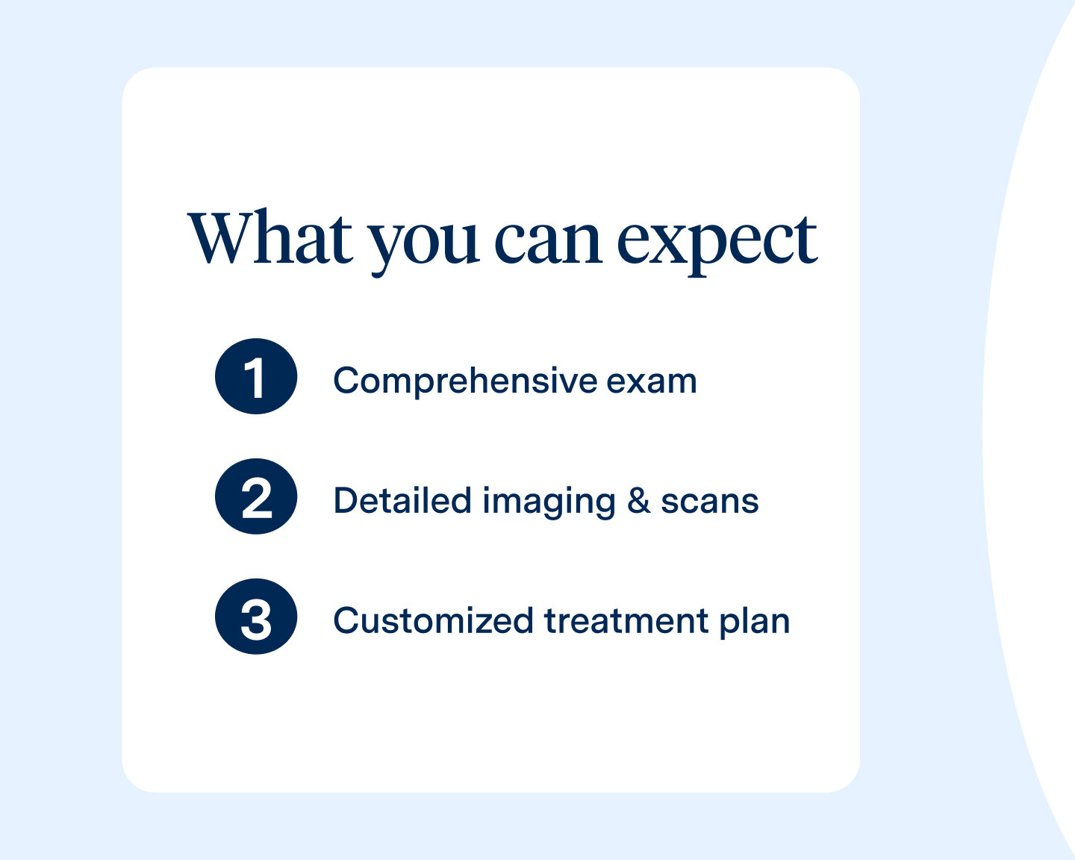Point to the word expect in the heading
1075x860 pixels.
tap(717, 243)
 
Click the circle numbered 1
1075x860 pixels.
tap(256, 376)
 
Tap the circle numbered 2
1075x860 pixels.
tap(256, 496)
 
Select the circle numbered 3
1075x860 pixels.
tap(256, 617)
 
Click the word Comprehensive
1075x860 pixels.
tap(465, 381)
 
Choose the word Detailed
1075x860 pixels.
tap(402, 501)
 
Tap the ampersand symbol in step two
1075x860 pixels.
tap(638, 501)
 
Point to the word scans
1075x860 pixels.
tap(709, 502)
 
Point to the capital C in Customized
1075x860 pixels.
tap(346, 621)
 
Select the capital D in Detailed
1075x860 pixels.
tap(346, 501)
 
